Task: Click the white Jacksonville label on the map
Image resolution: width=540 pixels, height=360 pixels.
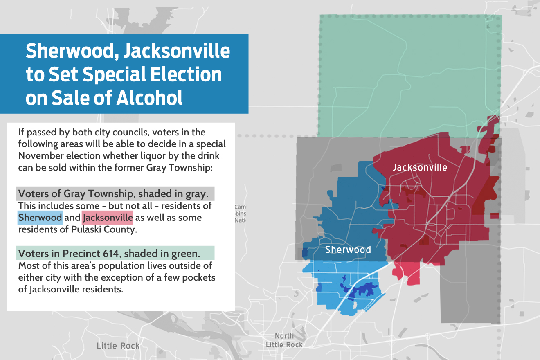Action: [x=420, y=168]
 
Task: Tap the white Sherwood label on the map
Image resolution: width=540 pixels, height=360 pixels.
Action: [x=348, y=250]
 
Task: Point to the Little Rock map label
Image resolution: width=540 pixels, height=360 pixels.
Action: [x=118, y=346]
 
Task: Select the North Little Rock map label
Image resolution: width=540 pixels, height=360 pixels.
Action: [x=284, y=340]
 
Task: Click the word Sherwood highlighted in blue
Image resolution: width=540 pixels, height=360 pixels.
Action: [x=40, y=218]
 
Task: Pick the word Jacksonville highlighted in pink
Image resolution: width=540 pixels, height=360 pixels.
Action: [x=108, y=218]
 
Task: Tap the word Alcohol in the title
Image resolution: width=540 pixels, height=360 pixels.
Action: [x=149, y=98]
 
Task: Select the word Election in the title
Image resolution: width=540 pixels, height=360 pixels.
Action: [x=186, y=74]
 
